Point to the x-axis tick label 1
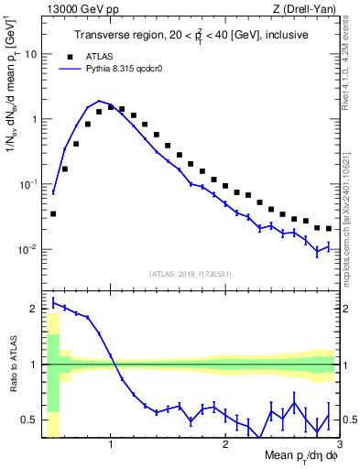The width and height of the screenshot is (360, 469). pos(111,445)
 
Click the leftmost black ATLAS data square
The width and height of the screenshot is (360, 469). pos(53,213)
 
